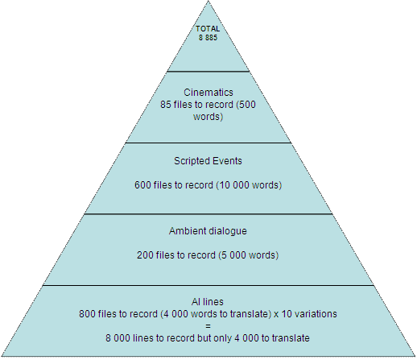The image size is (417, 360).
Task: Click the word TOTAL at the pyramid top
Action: pos(208,29)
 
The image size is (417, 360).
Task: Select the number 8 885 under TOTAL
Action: pos(208,38)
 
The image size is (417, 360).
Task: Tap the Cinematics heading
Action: pos(208,93)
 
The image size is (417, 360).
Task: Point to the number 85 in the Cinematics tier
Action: pos(166,105)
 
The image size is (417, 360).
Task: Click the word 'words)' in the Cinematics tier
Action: pos(208,117)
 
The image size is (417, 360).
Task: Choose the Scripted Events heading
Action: pos(208,161)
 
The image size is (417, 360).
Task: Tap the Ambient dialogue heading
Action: pos(208,231)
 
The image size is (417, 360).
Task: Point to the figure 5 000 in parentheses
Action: pos(234,254)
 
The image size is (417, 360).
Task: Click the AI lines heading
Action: pos(208,302)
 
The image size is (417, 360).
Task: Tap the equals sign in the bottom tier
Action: pos(208,326)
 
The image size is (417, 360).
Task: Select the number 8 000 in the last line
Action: pos(118,338)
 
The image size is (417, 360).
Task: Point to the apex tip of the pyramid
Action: pos(208,1)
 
